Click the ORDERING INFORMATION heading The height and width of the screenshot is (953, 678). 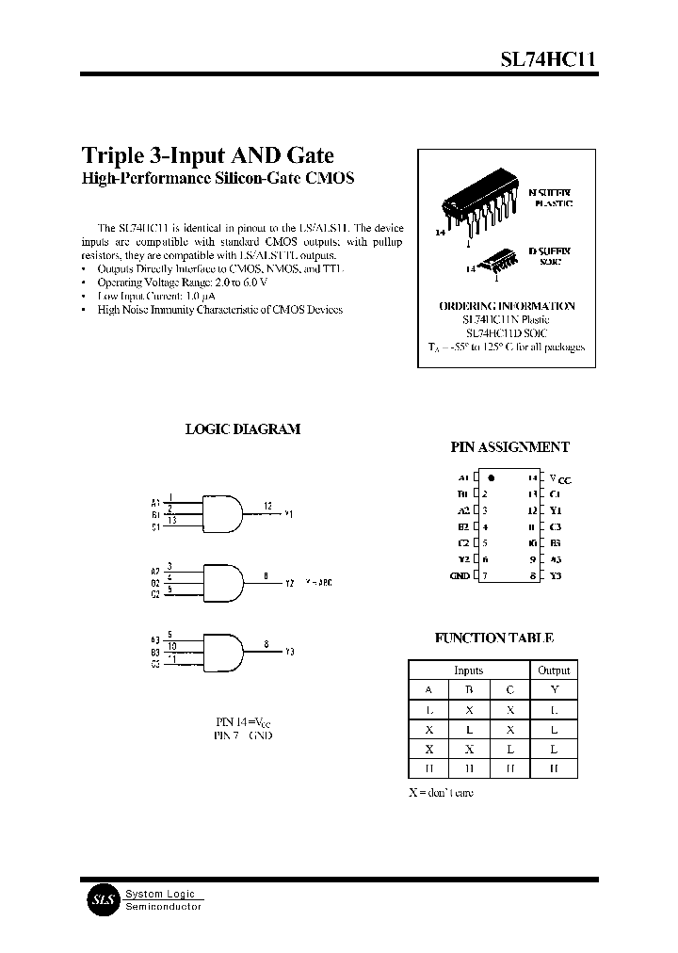(x=507, y=306)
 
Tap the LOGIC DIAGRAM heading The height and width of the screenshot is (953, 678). (x=242, y=428)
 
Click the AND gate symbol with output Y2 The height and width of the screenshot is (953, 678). (x=221, y=579)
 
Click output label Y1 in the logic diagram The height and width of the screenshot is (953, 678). (x=289, y=514)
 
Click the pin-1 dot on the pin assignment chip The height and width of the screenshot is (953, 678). (x=492, y=478)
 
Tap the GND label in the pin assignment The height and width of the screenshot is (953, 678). (x=459, y=574)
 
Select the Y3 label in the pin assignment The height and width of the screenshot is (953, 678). (x=556, y=574)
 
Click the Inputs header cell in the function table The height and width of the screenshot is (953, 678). (x=468, y=670)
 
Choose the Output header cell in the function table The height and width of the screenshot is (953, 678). (x=554, y=670)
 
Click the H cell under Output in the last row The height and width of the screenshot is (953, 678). (x=554, y=768)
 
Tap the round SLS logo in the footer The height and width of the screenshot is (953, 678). (x=101, y=899)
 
